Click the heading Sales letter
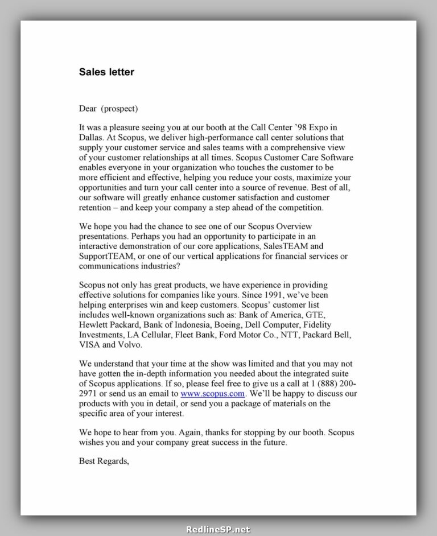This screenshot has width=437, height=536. [106, 72]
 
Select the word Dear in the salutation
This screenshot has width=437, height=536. [88, 108]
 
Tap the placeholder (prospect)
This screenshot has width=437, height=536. [119, 108]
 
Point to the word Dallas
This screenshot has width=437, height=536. [92, 137]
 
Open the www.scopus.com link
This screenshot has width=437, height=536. [213, 394]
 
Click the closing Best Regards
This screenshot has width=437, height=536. [104, 461]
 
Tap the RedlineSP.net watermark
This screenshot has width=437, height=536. [218, 529]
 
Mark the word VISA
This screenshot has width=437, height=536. [89, 344]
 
